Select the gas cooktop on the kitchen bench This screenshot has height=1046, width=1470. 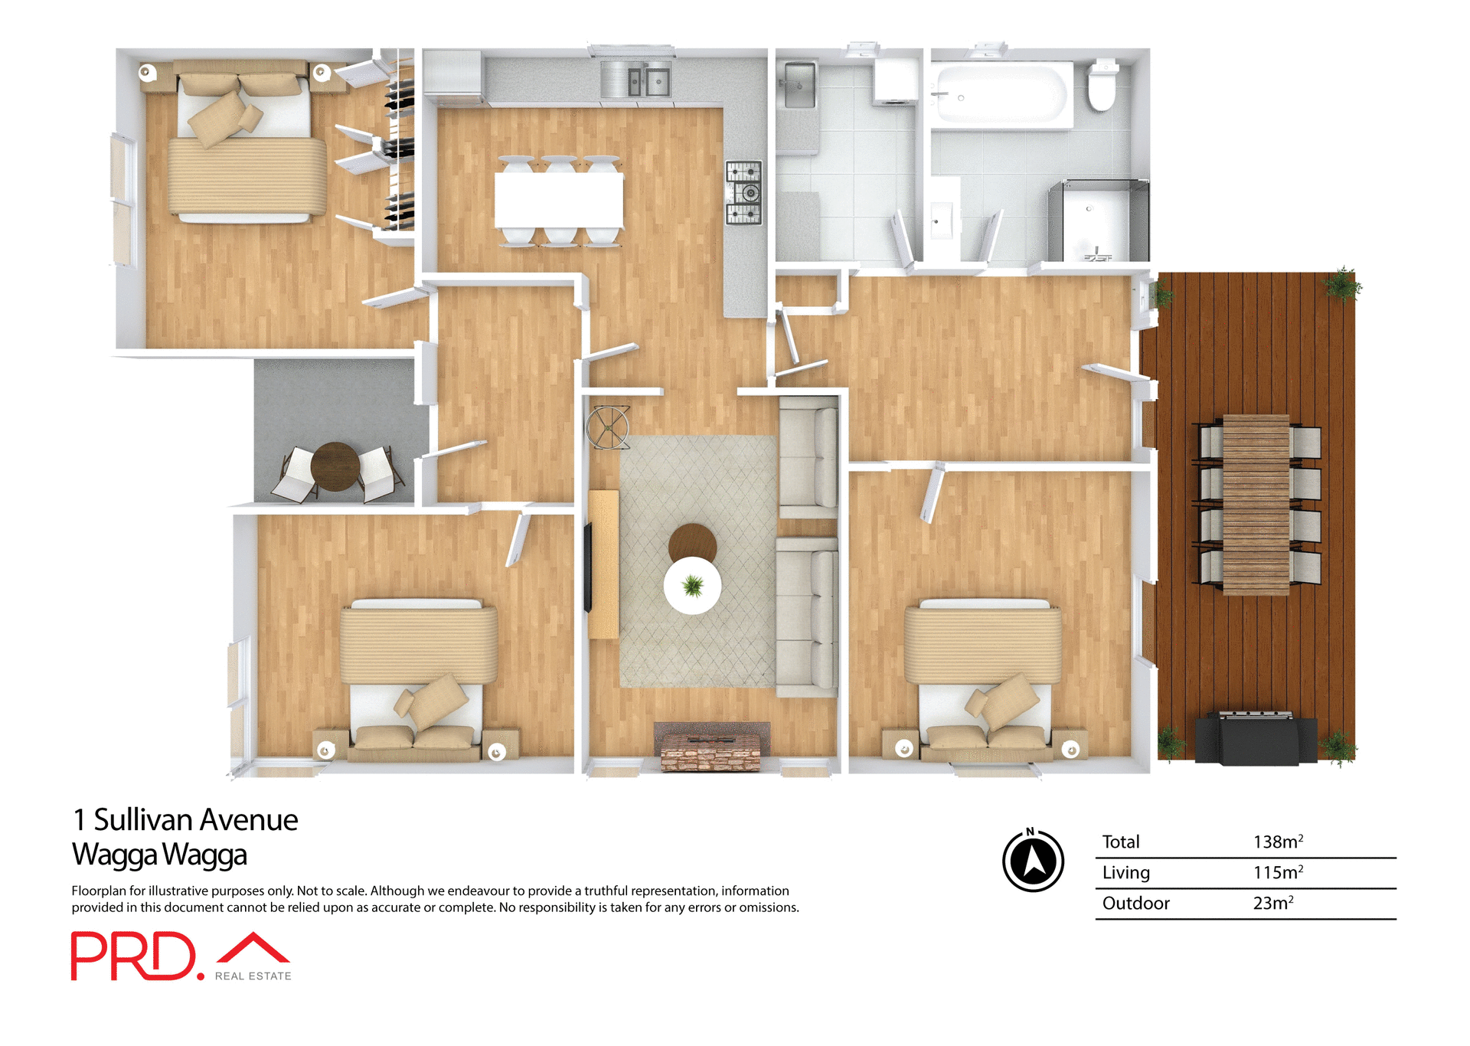pos(743,192)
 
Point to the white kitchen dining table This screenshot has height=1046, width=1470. pos(559,200)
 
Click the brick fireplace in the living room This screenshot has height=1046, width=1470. pos(711,747)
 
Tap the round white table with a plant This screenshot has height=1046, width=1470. pos(692,586)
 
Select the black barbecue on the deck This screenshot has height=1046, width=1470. pos(1256,738)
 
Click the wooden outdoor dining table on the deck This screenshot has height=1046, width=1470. pos(1256,505)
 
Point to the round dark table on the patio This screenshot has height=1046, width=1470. pos(335,466)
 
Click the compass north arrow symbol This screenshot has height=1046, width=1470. pos(1033,861)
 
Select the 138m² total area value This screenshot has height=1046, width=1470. pos(1277,842)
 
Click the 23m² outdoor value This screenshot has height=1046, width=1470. pos(1272,903)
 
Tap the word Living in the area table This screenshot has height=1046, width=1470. pos(1125,872)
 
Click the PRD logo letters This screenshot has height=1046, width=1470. pos(134,956)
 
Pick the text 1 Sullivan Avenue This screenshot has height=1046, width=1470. pos(185,819)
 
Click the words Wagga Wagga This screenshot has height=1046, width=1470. pos(159,855)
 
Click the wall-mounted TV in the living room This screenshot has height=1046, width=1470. pos(588,567)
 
